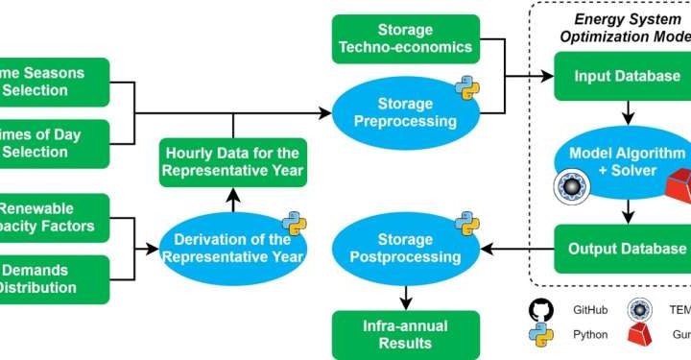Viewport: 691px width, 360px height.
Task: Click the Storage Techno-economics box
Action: pyautogui.click(x=404, y=38)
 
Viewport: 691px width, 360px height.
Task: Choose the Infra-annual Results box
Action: pyautogui.click(x=404, y=332)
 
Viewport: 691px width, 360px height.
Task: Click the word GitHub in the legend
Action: pyautogui.click(x=591, y=311)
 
